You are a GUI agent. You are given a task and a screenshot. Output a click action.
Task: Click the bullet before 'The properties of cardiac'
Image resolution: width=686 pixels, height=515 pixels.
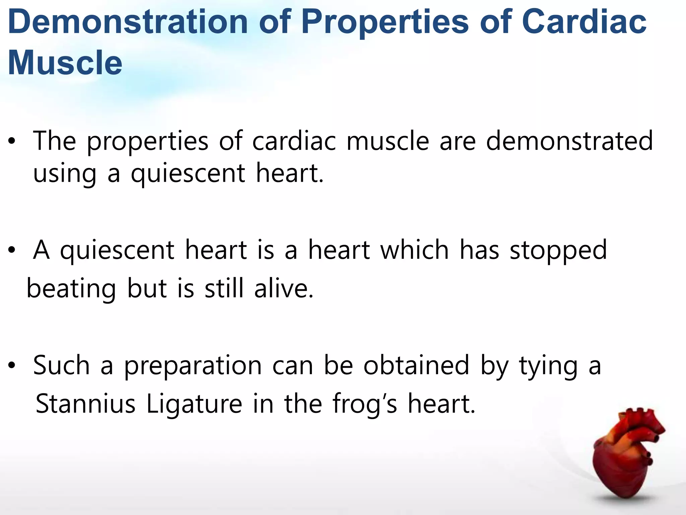coord(12,141)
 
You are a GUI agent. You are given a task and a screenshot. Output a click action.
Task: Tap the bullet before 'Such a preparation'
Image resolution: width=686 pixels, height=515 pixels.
coord(12,365)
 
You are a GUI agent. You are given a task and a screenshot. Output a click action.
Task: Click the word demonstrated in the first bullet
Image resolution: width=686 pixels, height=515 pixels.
coord(569,141)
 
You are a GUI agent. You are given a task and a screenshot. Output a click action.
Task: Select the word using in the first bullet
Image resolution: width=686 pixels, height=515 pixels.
coord(65,174)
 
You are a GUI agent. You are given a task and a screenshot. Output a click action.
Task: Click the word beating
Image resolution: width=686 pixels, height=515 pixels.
coord(71,288)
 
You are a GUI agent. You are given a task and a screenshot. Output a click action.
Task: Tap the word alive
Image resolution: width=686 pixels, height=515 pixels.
coord(283,288)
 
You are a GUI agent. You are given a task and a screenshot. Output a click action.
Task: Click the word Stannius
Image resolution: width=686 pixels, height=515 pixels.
coord(85,404)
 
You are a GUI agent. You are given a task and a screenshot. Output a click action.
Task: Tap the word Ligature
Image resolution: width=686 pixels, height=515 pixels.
coord(194,404)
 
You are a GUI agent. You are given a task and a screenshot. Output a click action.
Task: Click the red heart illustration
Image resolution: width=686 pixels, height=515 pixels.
coord(626,459)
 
